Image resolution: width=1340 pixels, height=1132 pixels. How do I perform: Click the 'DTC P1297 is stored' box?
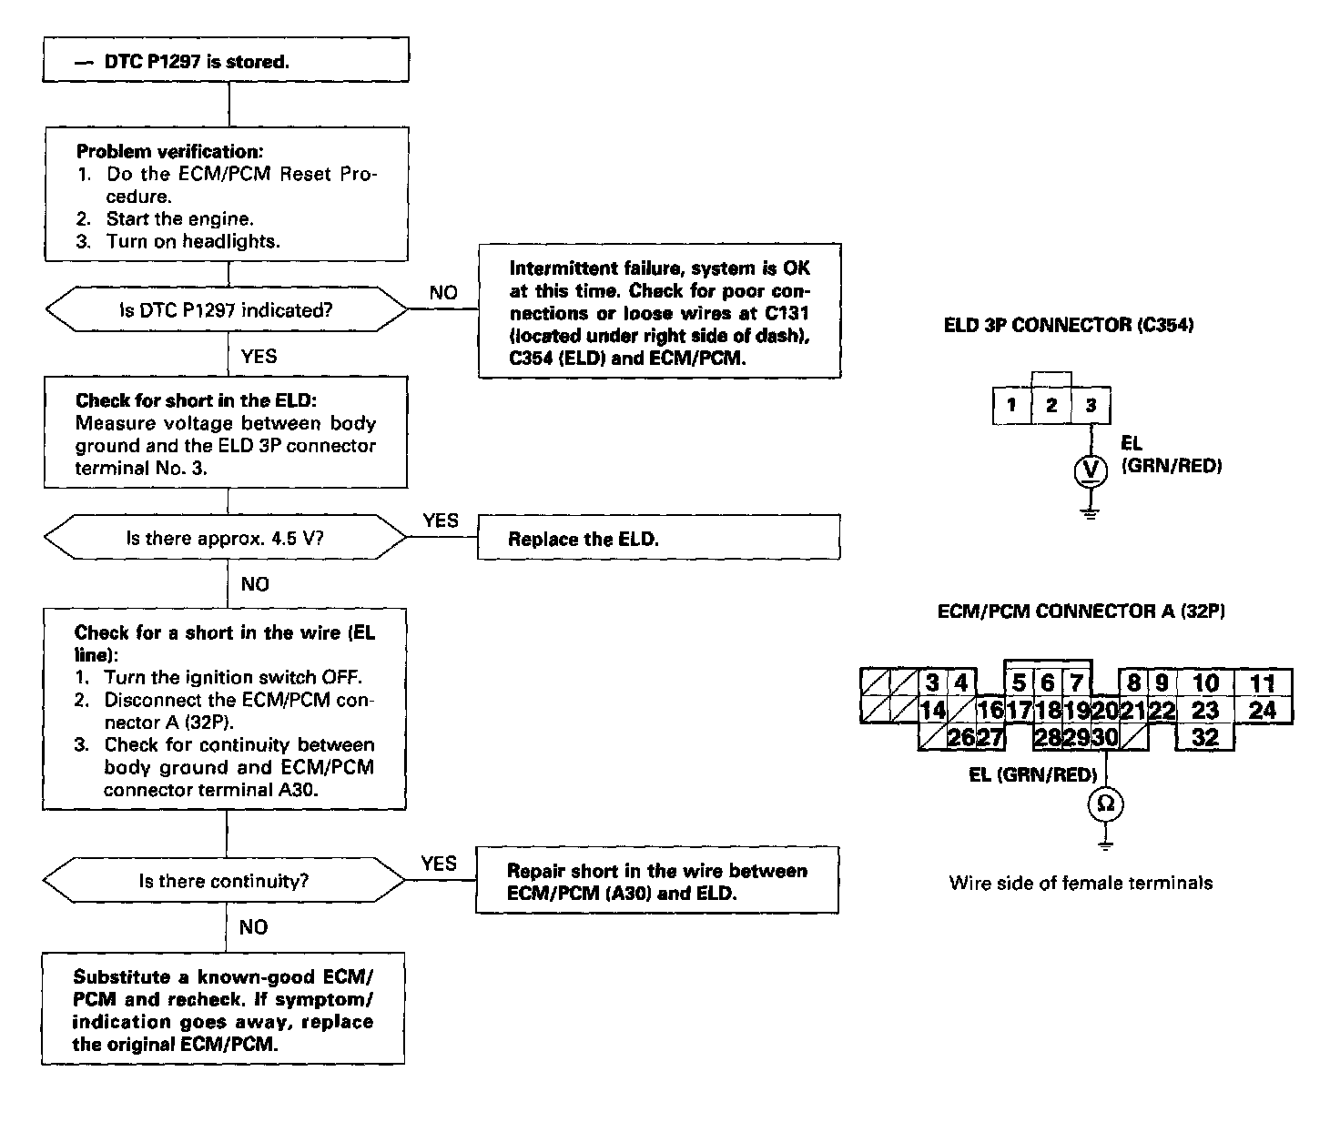point(227,61)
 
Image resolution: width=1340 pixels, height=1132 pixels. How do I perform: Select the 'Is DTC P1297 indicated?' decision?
point(227,310)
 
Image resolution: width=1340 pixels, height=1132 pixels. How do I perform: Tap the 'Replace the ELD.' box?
point(658,538)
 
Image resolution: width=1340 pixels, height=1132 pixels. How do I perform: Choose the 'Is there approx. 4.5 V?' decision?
point(226,538)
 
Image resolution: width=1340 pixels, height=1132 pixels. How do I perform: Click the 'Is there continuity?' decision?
point(224,881)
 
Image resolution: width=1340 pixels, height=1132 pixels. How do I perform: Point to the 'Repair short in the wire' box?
point(656,881)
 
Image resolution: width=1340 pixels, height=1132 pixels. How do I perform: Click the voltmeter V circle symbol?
point(1091,470)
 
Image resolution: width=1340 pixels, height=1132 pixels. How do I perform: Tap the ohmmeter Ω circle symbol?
point(1106,804)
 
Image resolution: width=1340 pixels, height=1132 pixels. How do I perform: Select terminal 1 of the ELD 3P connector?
point(1011,405)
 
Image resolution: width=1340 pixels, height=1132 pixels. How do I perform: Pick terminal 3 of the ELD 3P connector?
point(1091,405)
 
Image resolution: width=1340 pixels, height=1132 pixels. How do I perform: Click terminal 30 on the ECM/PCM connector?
point(1104,737)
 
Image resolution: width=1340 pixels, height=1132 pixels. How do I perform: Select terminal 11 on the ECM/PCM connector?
point(1263,683)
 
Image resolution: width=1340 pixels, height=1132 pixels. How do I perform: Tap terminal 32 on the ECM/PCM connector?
point(1205,737)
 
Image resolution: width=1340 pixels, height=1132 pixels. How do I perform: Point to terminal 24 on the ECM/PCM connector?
point(1263,710)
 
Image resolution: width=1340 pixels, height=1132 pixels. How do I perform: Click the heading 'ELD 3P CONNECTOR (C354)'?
point(1069,325)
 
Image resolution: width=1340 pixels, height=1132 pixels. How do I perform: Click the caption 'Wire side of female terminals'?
point(1081,883)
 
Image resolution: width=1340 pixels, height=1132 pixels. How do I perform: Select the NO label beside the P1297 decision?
point(443,292)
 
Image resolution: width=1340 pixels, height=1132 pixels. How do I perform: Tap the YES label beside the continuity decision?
point(439,863)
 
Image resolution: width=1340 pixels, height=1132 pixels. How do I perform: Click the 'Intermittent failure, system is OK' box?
point(659,312)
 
